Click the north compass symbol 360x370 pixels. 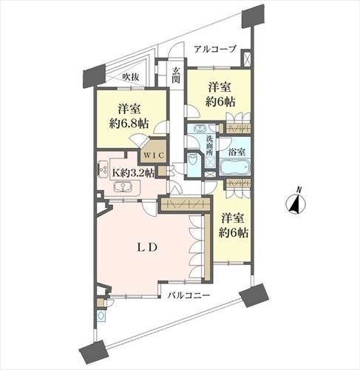(296, 202)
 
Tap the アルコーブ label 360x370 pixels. (215, 49)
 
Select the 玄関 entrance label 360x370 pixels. (176, 75)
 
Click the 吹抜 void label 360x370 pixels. (131, 77)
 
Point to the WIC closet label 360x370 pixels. (154, 155)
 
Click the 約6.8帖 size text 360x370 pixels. (129, 124)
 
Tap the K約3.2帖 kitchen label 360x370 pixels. (133, 172)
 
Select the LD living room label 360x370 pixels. (147, 247)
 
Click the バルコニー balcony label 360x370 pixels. (189, 295)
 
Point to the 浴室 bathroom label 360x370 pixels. (237, 152)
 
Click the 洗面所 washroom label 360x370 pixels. (209, 146)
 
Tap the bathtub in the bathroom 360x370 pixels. (234, 167)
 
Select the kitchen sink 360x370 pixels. (123, 187)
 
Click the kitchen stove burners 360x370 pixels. (102, 169)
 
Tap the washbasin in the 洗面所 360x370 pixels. (199, 129)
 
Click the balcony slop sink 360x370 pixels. (101, 315)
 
